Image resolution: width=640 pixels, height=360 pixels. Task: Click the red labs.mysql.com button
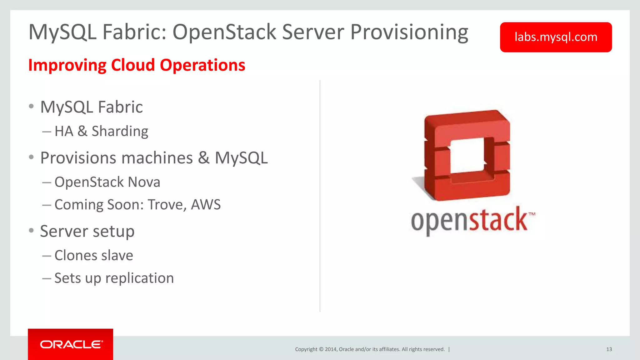tap(556, 37)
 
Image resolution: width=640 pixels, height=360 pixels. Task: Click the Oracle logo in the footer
tap(71, 344)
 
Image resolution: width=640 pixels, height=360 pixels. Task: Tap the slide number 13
tap(609, 349)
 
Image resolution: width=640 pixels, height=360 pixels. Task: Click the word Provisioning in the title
tap(409, 32)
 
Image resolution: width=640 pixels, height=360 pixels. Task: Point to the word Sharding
tap(120, 131)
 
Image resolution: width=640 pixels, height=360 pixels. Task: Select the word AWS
tap(206, 205)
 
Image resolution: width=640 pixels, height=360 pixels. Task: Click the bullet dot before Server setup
tap(31, 231)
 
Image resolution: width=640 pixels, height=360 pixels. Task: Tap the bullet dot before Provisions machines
tap(31, 157)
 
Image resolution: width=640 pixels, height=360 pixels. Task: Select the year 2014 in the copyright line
tap(331, 349)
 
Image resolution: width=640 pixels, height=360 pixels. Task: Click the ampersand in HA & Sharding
tap(82, 131)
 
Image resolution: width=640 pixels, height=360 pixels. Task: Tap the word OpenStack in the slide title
tap(224, 32)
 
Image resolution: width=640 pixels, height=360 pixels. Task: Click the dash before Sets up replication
tap(47, 278)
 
